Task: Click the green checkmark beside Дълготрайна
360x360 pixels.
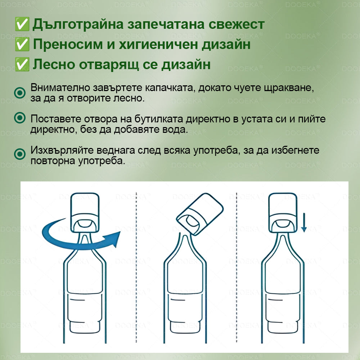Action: click(x=22, y=24)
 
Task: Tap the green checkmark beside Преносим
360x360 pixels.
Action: click(x=22, y=45)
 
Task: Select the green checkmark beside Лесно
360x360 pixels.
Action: click(x=22, y=65)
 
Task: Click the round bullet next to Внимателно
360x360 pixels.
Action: click(x=19, y=93)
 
